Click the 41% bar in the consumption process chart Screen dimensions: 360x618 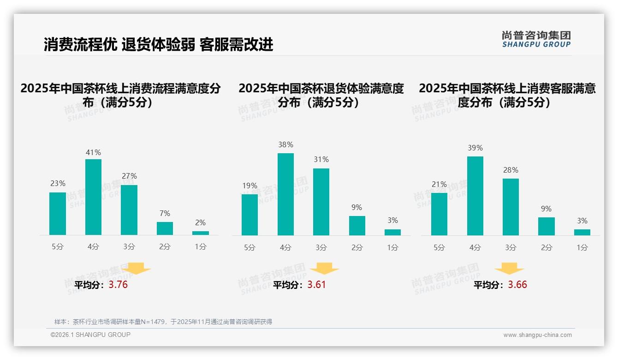(93, 197)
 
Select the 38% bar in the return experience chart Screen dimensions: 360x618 (285, 194)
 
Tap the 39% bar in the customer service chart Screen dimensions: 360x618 (475, 196)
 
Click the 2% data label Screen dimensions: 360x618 (201, 222)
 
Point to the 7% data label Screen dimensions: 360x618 (165, 213)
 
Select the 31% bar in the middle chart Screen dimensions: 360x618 (321, 202)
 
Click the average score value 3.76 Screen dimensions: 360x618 (118, 285)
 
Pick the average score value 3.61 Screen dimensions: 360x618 (316, 285)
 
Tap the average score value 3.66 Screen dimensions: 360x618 (517, 285)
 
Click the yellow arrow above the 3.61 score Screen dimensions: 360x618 (324, 269)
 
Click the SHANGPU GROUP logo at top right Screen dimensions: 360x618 (536, 39)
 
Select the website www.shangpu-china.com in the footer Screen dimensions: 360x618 (537, 335)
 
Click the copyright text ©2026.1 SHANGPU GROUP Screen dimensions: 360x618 (90, 335)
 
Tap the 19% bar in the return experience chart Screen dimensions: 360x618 (250, 215)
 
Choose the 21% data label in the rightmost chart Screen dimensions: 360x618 (439, 184)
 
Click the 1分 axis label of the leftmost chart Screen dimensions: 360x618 (201, 247)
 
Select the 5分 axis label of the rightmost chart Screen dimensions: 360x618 (439, 248)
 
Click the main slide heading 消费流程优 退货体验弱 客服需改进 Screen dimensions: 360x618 (158, 44)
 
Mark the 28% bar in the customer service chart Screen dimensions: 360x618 (511, 207)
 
